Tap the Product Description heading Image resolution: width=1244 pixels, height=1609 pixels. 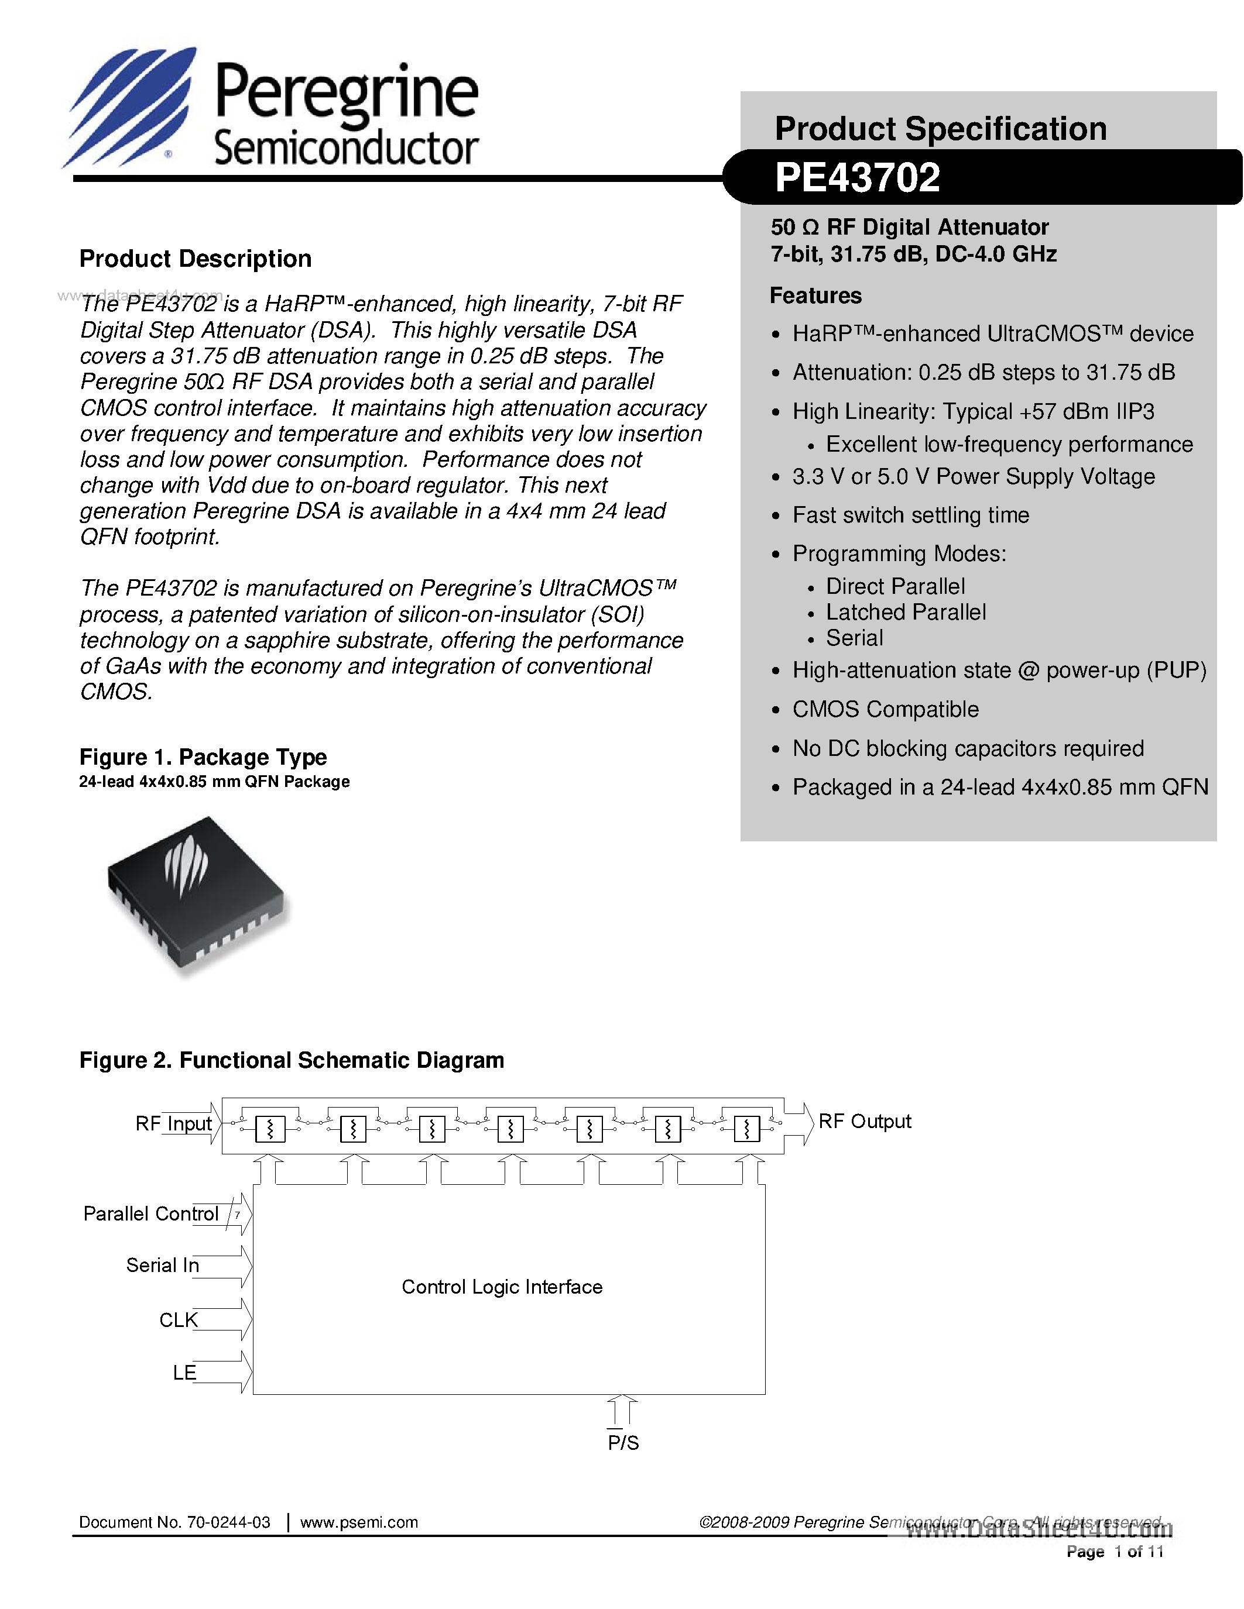(196, 259)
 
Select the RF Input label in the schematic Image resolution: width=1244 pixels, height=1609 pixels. (173, 1123)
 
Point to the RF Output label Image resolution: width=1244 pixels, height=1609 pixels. (865, 1121)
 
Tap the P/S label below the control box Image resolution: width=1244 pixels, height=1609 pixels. (623, 1442)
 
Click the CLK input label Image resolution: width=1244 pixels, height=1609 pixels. (179, 1319)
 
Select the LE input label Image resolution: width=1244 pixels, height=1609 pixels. (184, 1373)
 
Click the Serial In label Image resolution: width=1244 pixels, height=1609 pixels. (162, 1265)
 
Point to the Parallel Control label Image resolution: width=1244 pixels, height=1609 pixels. (151, 1213)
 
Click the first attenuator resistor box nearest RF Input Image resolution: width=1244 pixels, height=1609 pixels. (270, 1129)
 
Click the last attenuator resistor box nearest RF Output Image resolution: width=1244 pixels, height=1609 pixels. (746, 1129)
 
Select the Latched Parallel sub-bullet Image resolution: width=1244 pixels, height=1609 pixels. (905, 612)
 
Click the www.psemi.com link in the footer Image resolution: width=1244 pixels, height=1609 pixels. (359, 1522)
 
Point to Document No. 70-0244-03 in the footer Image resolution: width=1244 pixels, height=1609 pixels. (174, 1522)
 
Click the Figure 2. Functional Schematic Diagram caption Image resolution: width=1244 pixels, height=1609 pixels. (292, 1060)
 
